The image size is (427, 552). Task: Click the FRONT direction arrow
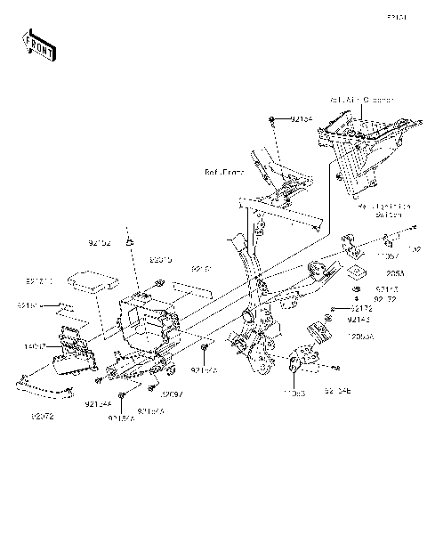coord(39,44)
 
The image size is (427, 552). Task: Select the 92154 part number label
coord(302,118)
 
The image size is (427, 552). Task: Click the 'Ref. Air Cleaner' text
coord(361,101)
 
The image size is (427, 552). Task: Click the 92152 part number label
coord(100,243)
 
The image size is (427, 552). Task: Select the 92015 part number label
coord(160,261)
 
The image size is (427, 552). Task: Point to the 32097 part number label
coord(171,394)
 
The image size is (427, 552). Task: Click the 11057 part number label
coord(389,255)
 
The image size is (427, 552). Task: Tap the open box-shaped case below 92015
coord(142,321)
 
